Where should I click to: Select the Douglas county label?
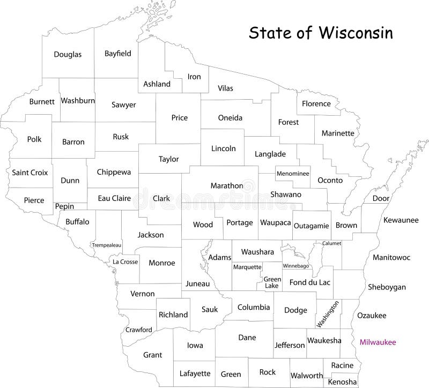pyautogui.click(x=68, y=54)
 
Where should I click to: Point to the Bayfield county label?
pyautogui.click(x=118, y=54)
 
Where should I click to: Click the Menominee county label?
pyautogui.click(x=293, y=174)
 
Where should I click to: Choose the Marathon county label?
pyautogui.click(x=227, y=185)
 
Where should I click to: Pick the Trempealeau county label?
pyautogui.click(x=107, y=245)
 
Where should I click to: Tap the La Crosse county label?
pyautogui.click(x=125, y=262)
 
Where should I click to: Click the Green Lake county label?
pyautogui.click(x=272, y=282)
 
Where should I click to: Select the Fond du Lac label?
pyautogui.click(x=310, y=282)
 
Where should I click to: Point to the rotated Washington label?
pyautogui.click(x=328, y=314)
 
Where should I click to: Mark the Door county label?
pyautogui.click(x=381, y=198)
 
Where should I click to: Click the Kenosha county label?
pyautogui.click(x=342, y=382)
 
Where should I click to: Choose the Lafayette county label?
pyautogui.click(x=195, y=372)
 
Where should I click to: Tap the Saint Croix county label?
pyautogui.click(x=30, y=173)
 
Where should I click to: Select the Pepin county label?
pyautogui.click(x=64, y=206)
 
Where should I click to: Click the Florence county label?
pyautogui.click(x=316, y=103)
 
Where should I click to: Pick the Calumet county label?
pyautogui.click(x=331, y=243)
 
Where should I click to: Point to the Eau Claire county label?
pyautogui.click(x=114, y=198)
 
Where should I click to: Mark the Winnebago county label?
pyautogui.click(x=295, y=265)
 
